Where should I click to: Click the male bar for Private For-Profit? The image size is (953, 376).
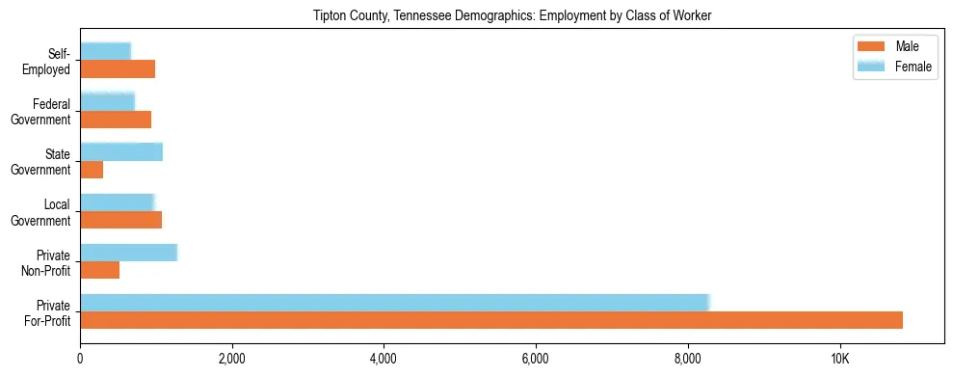[x=491, y=320]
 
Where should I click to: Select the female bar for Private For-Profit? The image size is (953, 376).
[x=395, y=302]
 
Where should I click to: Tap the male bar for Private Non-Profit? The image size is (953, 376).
[x=100, y=270]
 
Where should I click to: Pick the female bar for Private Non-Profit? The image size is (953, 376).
[x=129, y=253]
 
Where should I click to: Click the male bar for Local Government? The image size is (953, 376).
[x=121, y=220]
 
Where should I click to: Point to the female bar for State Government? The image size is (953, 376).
[x=121, y=151]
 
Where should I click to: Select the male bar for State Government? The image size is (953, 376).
[x=92, y=170]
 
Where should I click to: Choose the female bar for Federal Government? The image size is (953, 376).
[x=108, y=101]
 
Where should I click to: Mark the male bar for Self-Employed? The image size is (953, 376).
[x=118, y=69]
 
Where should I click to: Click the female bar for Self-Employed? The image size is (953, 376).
[x=106, y=51]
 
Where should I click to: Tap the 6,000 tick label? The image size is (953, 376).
[x=536, y=359]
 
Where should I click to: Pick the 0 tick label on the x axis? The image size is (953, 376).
[x=81, y=359]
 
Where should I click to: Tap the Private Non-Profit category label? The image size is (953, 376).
[x=47, y=262]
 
